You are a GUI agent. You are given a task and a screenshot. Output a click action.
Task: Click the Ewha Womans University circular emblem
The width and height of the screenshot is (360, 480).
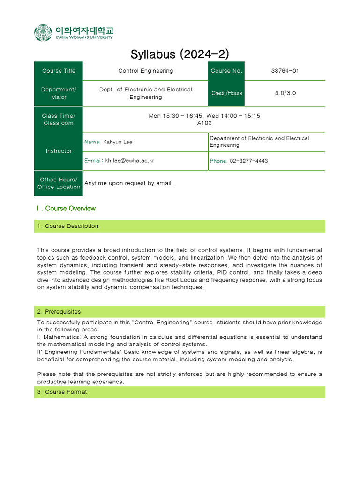43,33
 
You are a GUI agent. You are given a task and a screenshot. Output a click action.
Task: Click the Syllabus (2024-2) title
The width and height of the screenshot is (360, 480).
180,54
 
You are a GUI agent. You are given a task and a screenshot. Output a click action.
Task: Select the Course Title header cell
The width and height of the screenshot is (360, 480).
59,71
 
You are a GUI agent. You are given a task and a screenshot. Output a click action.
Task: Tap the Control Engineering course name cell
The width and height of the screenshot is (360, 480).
145,71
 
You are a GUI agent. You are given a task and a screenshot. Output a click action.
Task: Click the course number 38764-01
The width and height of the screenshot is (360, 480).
285,71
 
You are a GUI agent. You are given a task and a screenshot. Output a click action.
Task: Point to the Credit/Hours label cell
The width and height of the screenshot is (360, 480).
226,93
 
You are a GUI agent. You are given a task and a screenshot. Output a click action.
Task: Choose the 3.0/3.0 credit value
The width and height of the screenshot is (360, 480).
285,93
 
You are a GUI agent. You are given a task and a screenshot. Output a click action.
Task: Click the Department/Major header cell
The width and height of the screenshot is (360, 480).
59,93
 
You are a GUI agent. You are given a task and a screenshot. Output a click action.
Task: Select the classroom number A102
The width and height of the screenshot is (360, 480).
204,123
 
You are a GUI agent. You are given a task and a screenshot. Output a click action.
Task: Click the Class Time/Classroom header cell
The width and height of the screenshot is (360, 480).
59,120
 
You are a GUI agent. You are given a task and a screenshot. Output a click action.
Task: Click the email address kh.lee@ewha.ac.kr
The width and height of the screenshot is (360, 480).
130,161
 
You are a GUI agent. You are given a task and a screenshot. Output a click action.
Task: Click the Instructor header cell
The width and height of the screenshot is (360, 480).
59,151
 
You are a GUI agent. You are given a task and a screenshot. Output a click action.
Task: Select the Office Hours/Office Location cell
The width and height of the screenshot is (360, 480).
59,183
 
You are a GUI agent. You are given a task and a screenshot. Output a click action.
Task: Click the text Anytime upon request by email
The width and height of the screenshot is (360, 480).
129,183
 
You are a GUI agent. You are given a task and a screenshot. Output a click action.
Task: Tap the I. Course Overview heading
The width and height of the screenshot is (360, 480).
66,209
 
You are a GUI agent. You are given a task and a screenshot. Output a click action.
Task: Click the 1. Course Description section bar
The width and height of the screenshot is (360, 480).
180,226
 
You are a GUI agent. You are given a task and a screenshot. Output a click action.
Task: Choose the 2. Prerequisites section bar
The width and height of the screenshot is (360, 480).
180,312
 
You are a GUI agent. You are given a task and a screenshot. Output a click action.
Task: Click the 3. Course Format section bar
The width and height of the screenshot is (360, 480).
180,392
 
